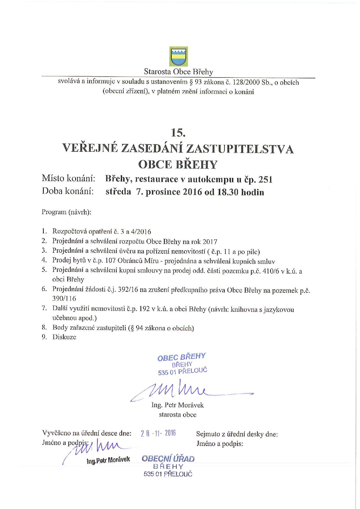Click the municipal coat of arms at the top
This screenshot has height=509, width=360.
pyautogui.click(x=178, y=57)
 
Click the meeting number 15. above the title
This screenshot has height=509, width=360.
pyautogui.click(x=178, y=133)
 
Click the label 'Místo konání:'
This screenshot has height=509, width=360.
pyautogui.click(x=69, y=179)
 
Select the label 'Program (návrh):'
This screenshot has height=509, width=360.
pyautogui.click(x=66, y=212)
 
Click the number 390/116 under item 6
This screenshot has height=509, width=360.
pyautogui.click(x=64, y=298)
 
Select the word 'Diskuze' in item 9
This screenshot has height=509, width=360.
pyautogui.click(x=64, y=337)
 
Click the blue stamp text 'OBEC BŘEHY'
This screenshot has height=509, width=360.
pyautogui.click(x=182, y=357)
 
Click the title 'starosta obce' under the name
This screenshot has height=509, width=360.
pyautogui.click(x=178, y=415)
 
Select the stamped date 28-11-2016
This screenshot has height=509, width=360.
pyautogui.click(x=158, y=434)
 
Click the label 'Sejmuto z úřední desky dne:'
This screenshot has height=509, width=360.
pyautogui.click(x=237, y=434)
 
